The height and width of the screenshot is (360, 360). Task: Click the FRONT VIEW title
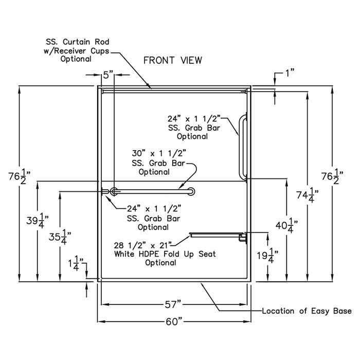click(172, 60)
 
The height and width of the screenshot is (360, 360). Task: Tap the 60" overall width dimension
click(175, 321)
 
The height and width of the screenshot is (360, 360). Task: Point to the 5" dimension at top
click(107, 75)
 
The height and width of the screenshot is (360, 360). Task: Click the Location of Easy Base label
click(307, 311)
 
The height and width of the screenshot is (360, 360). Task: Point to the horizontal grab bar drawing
click(154, 191)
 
